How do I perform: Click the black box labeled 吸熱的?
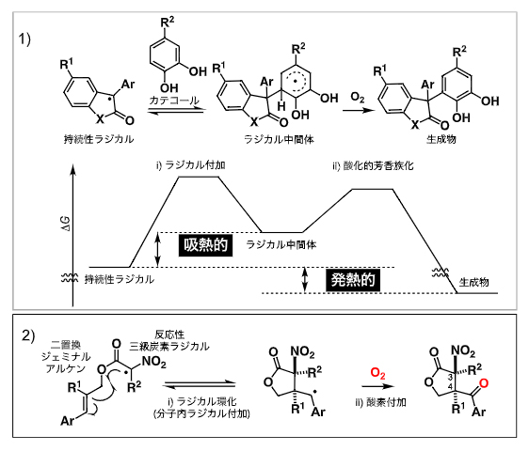(200, 246)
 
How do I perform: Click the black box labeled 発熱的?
(350, 279)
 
